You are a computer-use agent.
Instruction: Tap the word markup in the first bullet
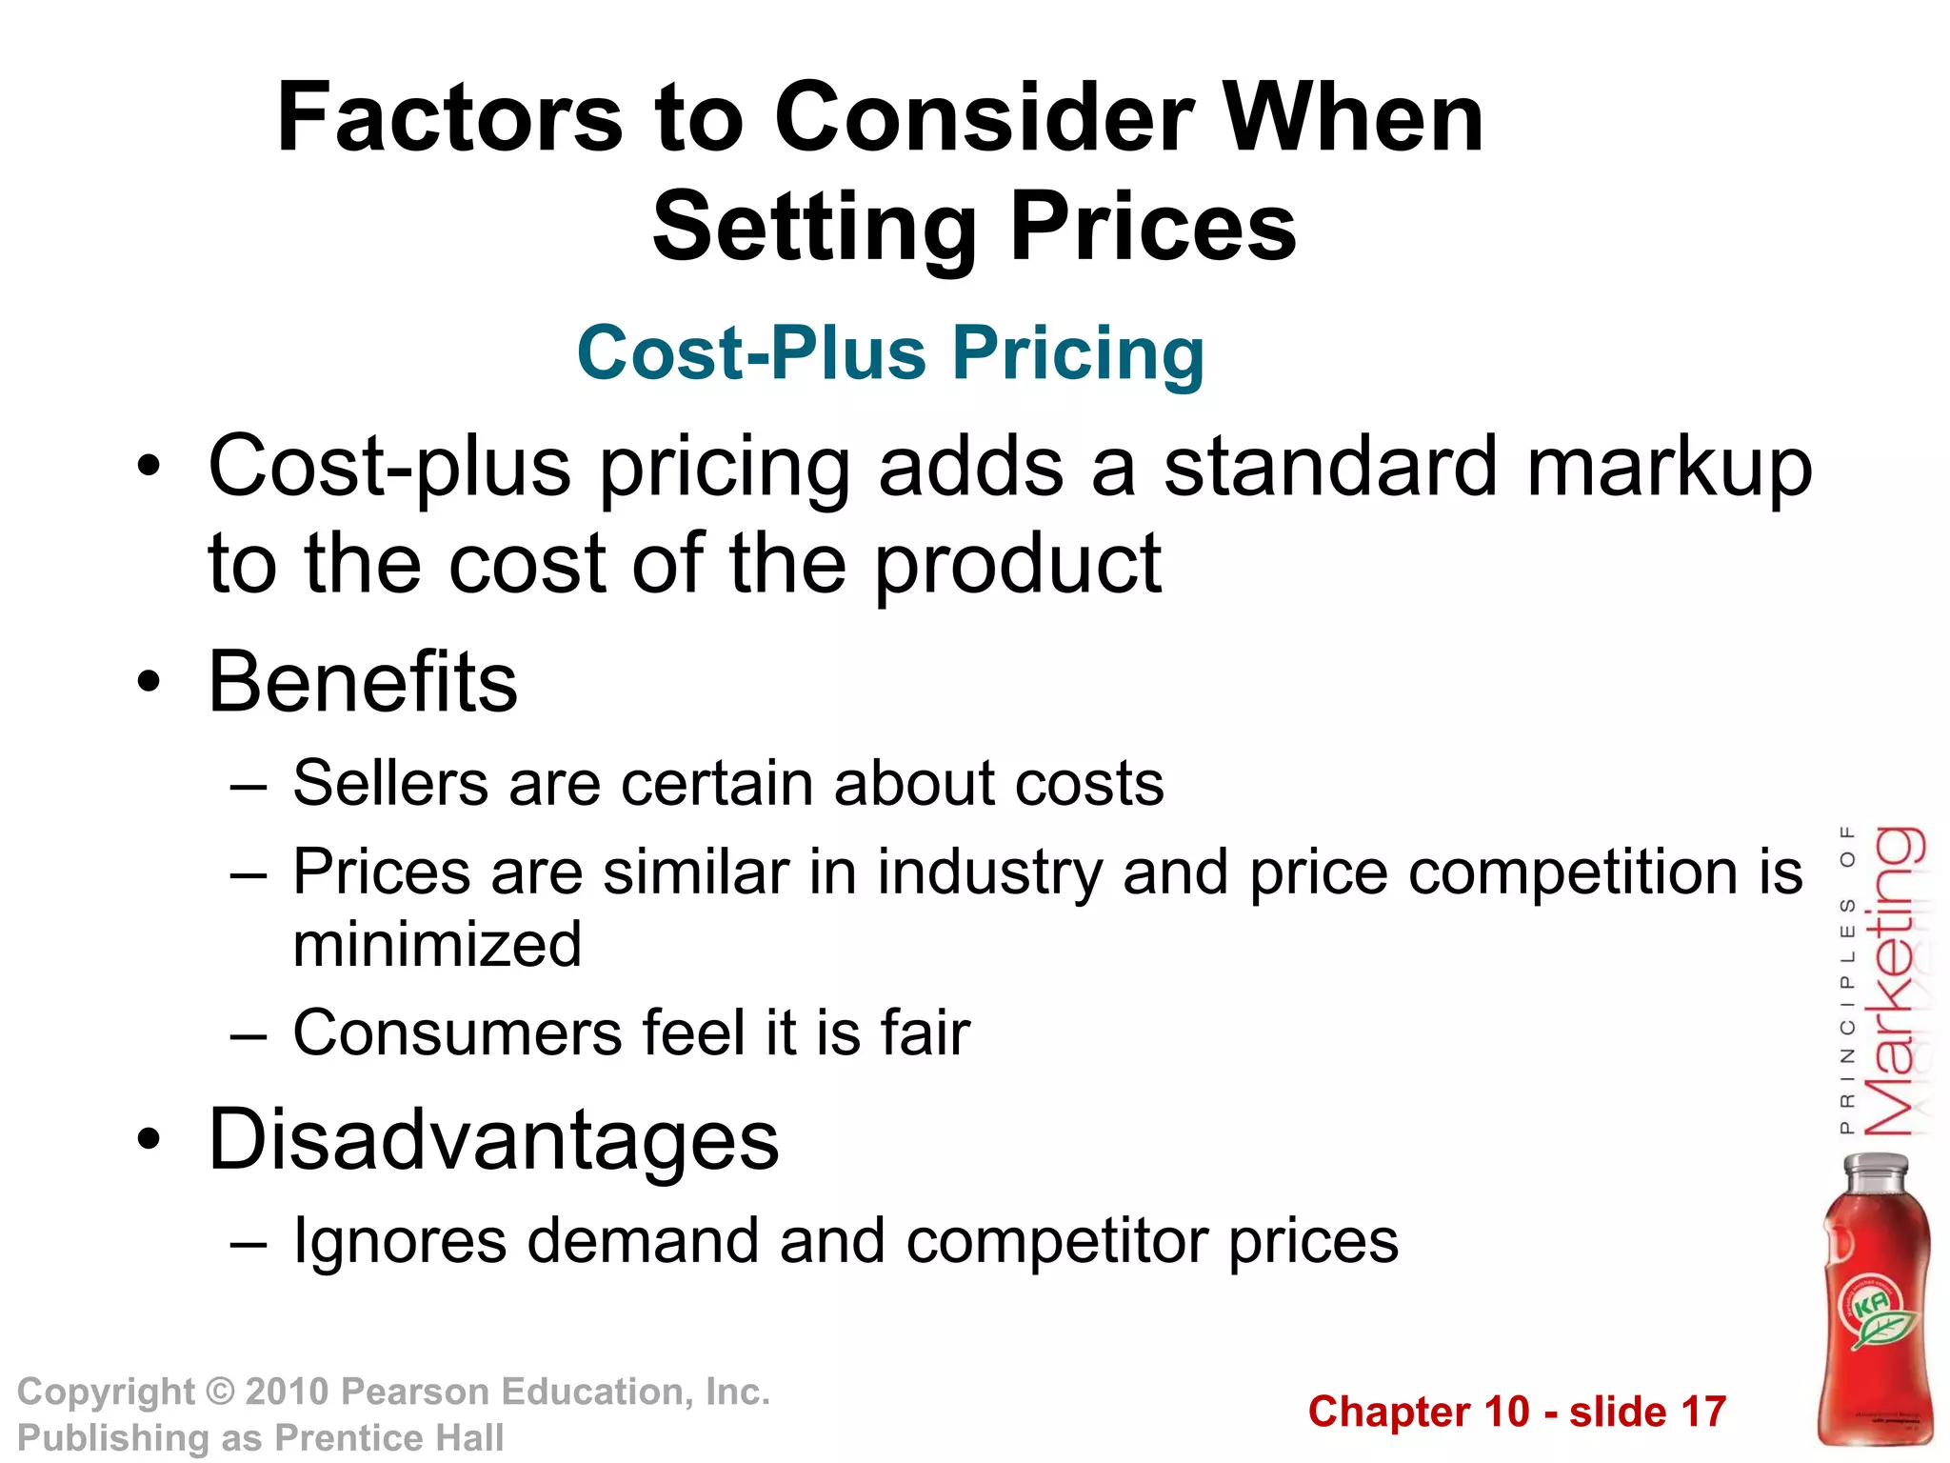[x=1668, y=468]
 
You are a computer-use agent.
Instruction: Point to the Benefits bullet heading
[x=363, y=682]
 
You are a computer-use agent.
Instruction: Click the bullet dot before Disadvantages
[x=149, y=1140]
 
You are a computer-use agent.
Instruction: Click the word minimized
[x=437, y=945]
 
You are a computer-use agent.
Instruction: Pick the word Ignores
[x=400, y=1242]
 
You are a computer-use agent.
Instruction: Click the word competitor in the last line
[x=1057, y=1242]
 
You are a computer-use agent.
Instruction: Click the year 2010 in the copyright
[x=287, y=1393]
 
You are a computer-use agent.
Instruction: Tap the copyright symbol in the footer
[x=220, y=1393]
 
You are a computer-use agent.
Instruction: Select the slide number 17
[x=1703, y=1413]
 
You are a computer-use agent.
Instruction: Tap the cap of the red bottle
[x=1877, y=1168]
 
